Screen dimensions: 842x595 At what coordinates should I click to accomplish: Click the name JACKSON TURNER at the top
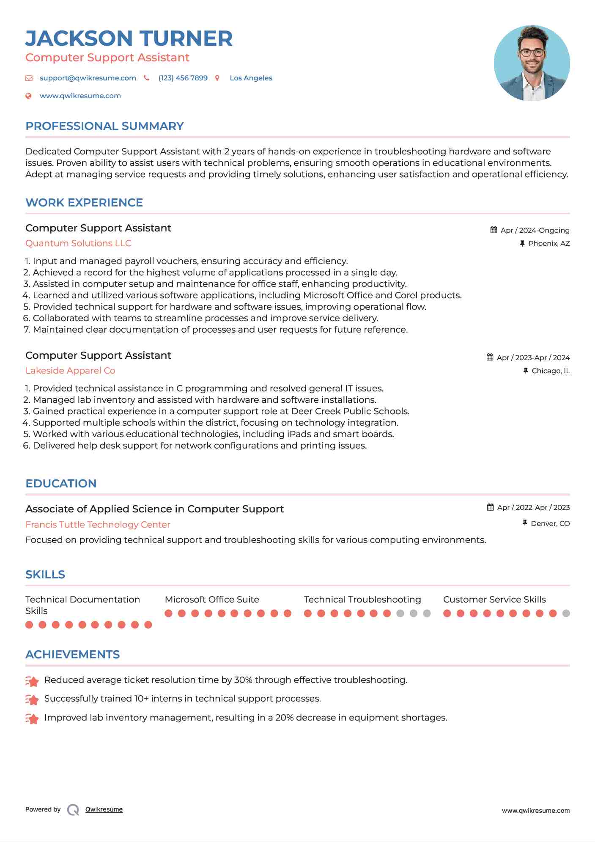(129, 39)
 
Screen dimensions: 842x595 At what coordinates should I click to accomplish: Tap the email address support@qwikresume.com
(88, 78)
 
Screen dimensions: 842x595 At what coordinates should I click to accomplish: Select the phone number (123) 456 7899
(183, 78)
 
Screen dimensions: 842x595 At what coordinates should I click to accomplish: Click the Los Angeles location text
(251, 78)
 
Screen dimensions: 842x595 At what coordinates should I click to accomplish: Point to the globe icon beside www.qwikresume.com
(28, 96)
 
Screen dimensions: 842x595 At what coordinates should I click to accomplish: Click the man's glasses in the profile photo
(532, 53)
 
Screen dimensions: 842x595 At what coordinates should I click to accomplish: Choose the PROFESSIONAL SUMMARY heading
(104, 126)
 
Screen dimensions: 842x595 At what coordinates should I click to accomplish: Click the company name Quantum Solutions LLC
(78, 243)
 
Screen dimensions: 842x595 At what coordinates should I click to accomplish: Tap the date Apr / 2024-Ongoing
(535, 230)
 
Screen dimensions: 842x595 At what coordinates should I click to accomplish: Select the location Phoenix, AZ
(549, 243)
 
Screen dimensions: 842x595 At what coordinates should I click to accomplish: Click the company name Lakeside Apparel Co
(70, 371)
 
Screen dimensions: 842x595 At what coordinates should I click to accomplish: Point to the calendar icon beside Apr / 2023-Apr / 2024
(490, 357)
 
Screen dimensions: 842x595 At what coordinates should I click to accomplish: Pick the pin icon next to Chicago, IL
(526, 371)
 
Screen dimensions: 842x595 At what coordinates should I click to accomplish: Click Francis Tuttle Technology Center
(98, 525)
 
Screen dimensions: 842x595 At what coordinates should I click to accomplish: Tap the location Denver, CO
(550, 523)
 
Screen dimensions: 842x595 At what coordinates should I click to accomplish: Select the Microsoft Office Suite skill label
(212, 600)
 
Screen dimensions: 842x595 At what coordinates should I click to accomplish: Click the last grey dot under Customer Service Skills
(566, 614)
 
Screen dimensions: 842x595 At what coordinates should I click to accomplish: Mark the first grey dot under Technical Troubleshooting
(400, 614)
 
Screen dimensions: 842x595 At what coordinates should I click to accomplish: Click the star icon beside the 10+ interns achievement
(32, 699)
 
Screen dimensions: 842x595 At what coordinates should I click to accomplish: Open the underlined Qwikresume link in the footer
(104, 809)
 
